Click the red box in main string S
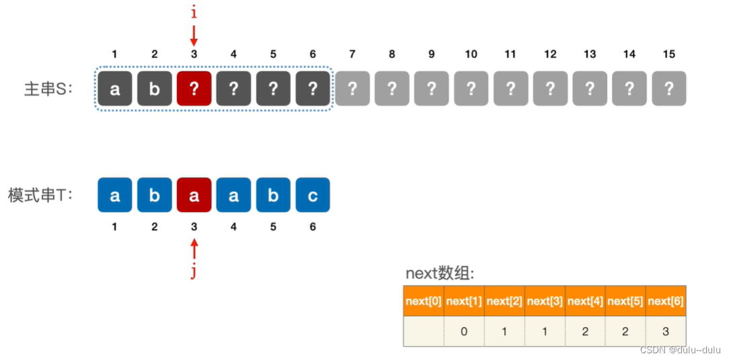(x=194, y=89)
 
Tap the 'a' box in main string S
(x=114, y=89)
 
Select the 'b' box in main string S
(x=154, y=89)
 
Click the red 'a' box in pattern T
(x=194, y=195)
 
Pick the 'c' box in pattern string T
(x=312, y=195)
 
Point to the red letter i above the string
(x=194, y=13)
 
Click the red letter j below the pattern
(x=194, y=273)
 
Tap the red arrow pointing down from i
(x=194, y=36)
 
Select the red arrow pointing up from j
(x=194, y=250)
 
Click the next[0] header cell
(x=424, y=301)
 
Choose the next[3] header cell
(x=545, y=301)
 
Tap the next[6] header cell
(x=666, y=301)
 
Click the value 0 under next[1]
(x=464, y=332)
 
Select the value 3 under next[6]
(x=666, y=332)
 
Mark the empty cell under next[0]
(x=424, y=332)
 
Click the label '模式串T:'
(x=40, y=196)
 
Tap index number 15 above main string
(x=668, y=55)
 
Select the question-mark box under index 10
(x=471, y=89)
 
